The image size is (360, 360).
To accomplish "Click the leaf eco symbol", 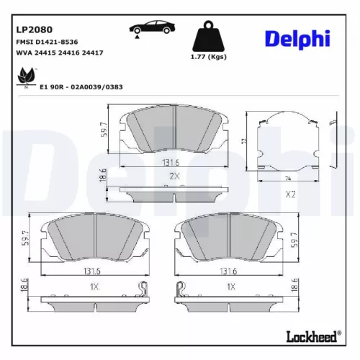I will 27,74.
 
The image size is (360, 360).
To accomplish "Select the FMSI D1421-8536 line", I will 47,42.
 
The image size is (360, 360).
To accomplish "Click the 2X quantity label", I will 174,176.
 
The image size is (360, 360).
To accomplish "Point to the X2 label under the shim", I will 292,194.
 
